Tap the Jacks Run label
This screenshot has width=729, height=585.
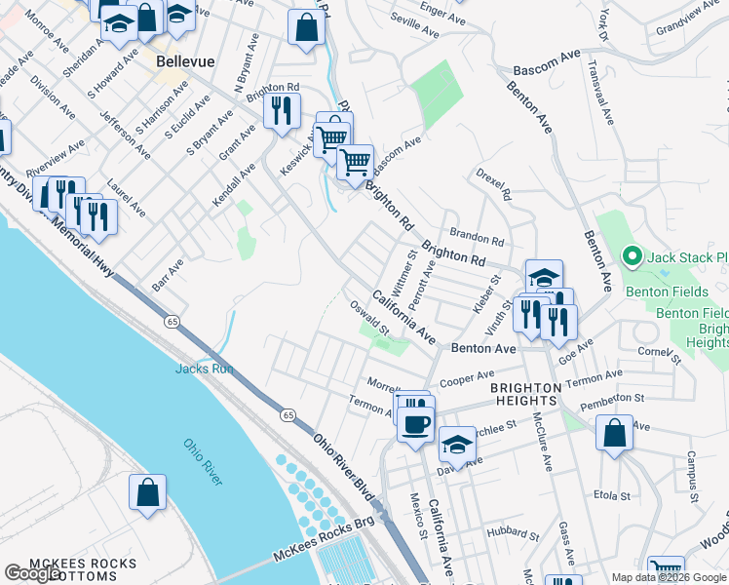tap(205, 369)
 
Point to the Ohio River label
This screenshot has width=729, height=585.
tap(204, 462)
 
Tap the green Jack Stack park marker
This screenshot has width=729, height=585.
tap(631, 257)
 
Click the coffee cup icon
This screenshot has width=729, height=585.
tap(416, 424)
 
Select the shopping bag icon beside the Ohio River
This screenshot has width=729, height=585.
tap(147, 492)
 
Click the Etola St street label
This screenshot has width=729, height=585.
tap(612, 495)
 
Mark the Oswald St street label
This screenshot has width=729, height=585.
tap(369, 318)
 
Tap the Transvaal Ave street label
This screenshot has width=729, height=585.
tap(600, 90)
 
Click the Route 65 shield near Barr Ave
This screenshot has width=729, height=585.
tap(172, 321)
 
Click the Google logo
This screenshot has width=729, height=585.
tap(33, 573)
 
